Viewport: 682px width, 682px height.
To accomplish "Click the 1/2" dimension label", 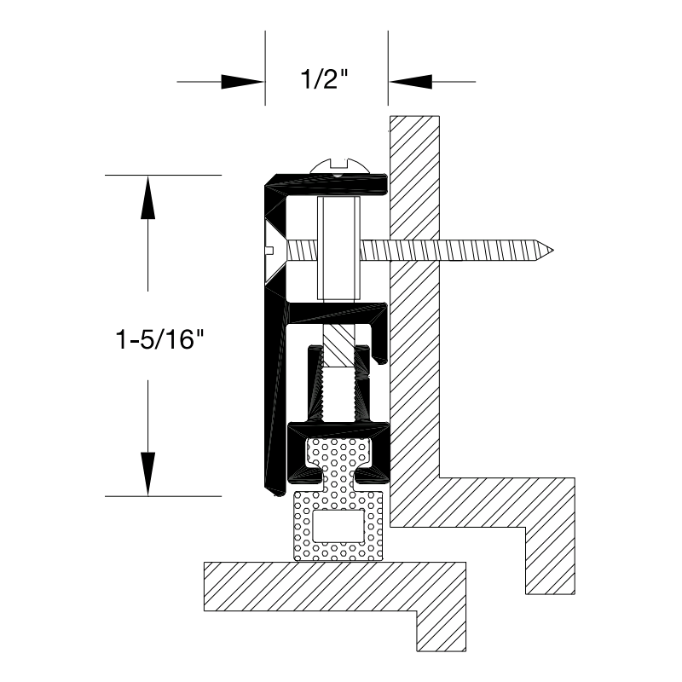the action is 325,79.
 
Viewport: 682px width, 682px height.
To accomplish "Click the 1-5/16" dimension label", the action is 159,338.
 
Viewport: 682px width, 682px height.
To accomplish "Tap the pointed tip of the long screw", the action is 552,251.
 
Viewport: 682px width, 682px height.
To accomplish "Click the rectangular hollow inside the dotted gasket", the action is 338,526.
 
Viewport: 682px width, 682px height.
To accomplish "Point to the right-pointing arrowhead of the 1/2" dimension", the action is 243,81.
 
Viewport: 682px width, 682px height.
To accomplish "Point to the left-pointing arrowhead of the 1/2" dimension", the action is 410,81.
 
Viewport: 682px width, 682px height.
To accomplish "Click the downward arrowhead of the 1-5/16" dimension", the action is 147,474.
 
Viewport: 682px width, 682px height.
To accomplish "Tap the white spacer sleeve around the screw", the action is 338,248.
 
